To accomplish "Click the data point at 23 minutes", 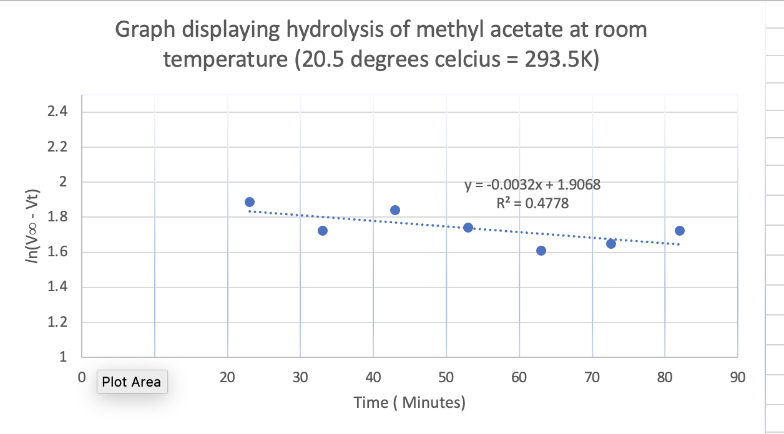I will pos(250,202).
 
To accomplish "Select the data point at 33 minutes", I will pos(323,231).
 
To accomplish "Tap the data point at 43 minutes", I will pos(395,210).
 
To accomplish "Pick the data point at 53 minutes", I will pos(468,228).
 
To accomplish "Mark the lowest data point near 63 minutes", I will pos(541,251).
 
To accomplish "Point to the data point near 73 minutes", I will pos(611,243).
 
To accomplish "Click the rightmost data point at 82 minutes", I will pos(680,231).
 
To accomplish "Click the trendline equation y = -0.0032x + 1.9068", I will pos(532,185).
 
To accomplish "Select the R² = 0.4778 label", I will pos(532,203).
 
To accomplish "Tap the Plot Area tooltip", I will pos(132,382).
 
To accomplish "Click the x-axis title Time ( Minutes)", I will pos(409,402).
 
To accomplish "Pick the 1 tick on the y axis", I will pos(63,358).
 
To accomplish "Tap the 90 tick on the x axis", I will pos(737,378).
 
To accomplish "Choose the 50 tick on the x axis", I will pos(446,378).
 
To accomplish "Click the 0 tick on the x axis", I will pos(81,378).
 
